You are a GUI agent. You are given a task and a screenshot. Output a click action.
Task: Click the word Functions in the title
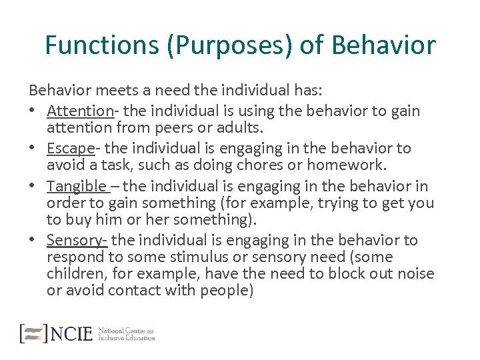[101, 46]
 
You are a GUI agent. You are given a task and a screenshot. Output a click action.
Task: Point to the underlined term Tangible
[77, 186]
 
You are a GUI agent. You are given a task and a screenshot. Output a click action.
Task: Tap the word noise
[413, 273]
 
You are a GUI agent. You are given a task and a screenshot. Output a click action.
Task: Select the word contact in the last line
[133, 290]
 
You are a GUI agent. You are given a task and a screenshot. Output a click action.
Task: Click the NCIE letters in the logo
[71, 334]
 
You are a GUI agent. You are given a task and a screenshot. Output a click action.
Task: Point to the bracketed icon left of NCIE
[33, 333]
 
